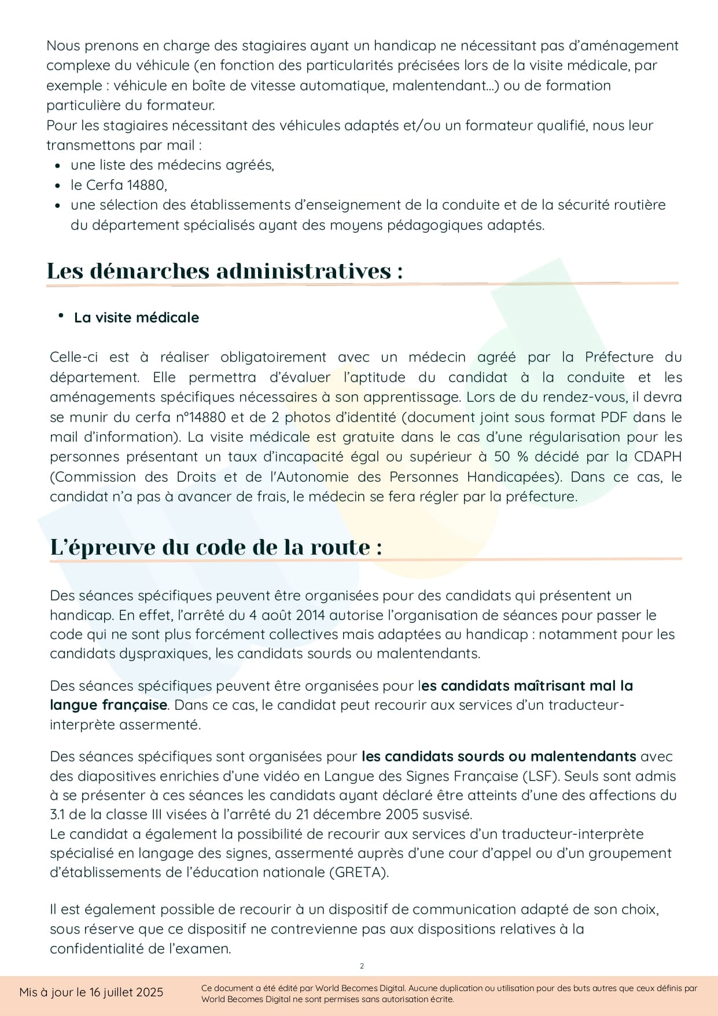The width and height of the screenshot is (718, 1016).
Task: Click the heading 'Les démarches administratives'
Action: pos(224,271)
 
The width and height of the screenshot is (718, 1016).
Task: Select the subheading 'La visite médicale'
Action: pos(137,317)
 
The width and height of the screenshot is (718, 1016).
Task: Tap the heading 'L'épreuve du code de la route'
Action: pos(216,547)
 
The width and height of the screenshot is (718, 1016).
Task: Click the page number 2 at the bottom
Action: pos(362,966)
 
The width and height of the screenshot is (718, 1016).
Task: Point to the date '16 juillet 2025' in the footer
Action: pos(126,992)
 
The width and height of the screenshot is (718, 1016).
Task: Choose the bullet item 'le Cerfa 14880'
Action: pos(119,185)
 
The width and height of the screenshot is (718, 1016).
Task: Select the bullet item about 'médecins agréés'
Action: pos(172,165)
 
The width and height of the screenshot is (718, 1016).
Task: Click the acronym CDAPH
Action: pos(658,457)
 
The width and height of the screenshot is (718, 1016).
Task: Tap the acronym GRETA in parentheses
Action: pos(359,872)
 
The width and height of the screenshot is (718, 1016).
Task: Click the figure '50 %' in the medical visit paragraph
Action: pos(511,457)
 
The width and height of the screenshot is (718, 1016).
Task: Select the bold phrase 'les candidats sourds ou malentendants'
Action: pos(499,756)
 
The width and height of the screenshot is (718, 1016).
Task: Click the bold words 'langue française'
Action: pos(109,705)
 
